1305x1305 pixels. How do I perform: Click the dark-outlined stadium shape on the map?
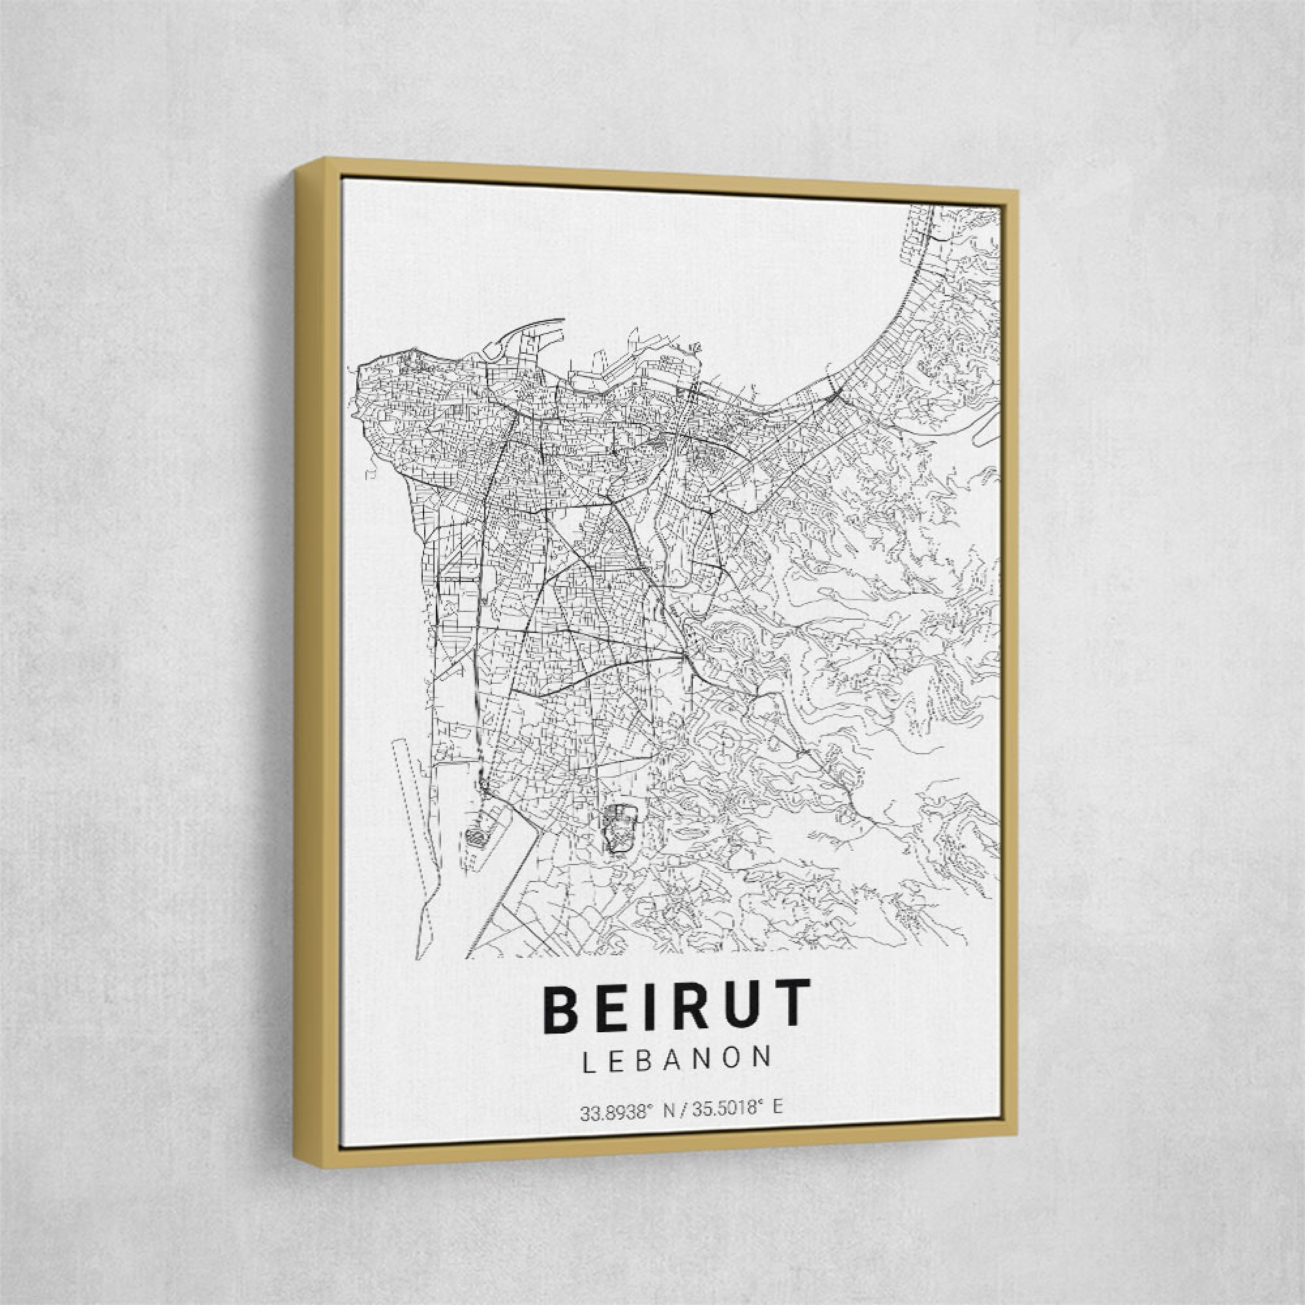621,828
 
